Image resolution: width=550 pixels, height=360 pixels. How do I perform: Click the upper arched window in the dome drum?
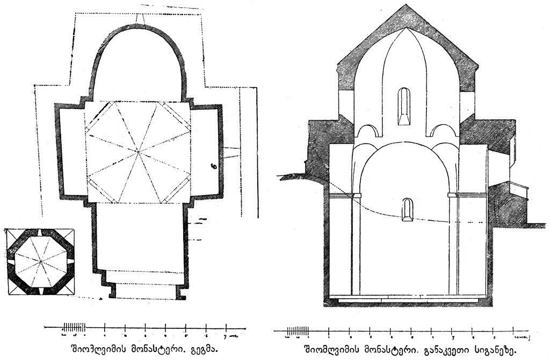404,106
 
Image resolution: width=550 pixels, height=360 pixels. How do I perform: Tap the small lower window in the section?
408,210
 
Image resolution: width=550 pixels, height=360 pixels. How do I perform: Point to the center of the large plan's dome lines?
138,153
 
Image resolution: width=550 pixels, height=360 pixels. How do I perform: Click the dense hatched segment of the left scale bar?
74,326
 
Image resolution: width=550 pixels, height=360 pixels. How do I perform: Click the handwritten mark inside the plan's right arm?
214,167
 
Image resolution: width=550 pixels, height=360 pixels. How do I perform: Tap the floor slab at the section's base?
408,297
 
